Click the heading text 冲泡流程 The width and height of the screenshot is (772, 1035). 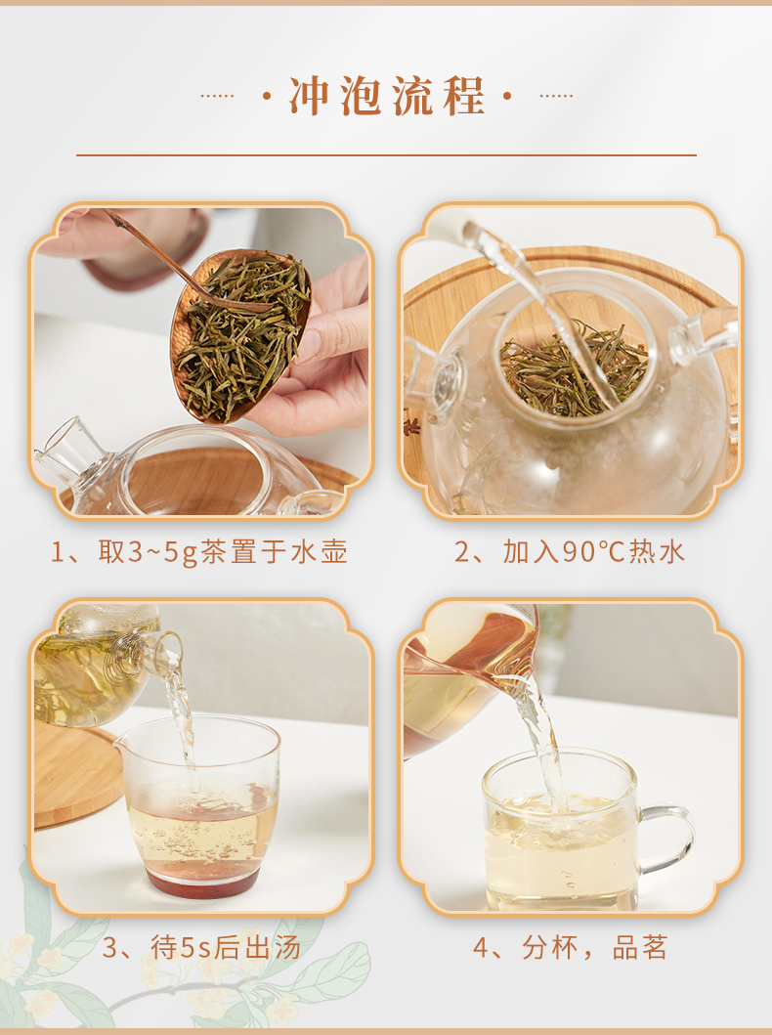[387, 97]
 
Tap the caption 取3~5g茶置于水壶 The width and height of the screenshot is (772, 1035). [223, 552]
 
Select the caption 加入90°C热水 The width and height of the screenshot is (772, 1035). [594, 552]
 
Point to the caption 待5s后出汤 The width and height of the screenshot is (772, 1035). [226, 948]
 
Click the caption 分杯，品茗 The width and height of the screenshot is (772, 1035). [594, 947]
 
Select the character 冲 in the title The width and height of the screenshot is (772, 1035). [309, 97]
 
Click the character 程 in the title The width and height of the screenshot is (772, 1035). [464, 97]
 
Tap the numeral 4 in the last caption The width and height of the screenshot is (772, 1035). [481, 949]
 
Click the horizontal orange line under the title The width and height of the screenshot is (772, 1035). [386, 155]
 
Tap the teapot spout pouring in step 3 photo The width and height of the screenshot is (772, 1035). [161, 650]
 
